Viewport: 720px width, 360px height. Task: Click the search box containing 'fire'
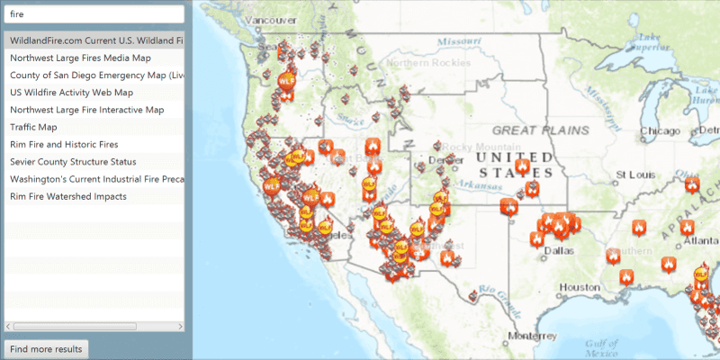pos(94,14)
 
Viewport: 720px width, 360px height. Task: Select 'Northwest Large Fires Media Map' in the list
pos(79,58)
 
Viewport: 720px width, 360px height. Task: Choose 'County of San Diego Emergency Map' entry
pos(94,75)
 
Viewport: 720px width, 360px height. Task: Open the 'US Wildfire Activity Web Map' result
pos(71,92)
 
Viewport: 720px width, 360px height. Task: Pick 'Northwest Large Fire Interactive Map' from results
pos(86,110)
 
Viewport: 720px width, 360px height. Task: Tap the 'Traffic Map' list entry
pos(35,127)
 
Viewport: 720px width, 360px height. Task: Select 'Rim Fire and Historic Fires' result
pos(64,144)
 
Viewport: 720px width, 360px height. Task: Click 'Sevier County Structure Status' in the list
pos(73,162)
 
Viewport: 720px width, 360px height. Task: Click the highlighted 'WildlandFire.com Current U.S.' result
pos(94,40)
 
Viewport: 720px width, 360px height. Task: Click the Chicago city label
pos(660,131)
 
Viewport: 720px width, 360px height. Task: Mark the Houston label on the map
pos(579,286)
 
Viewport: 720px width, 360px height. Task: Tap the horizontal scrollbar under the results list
pos(76,326)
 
